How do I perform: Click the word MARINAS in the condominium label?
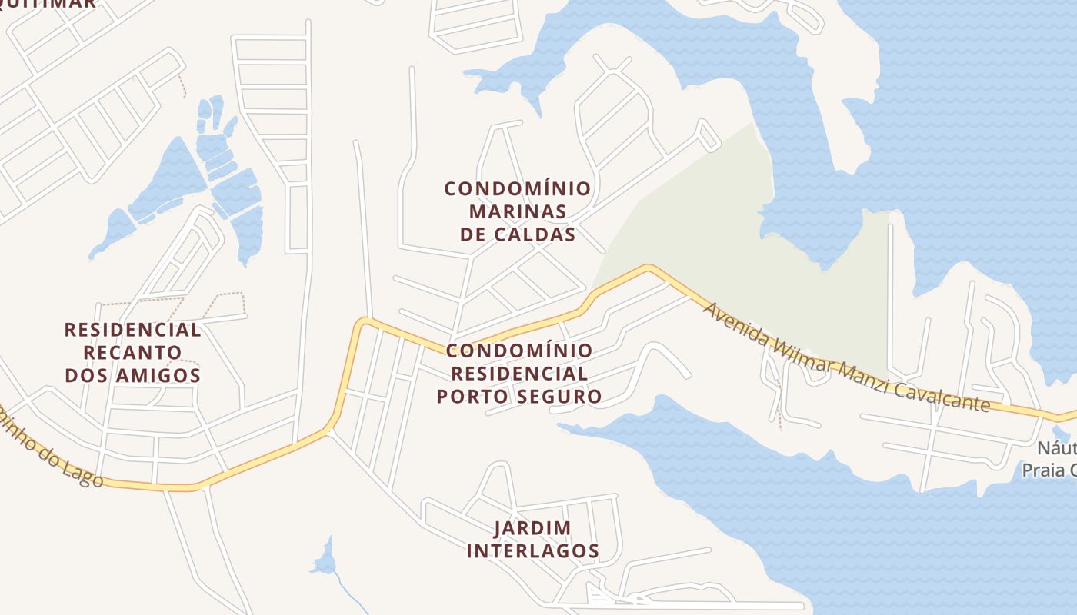518,211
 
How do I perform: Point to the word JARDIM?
532,528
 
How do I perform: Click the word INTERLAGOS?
532,551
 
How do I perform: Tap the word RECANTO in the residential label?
133,353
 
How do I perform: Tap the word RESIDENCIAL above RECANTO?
133,330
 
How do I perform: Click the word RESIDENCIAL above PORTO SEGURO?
518,374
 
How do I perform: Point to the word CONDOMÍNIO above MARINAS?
518,188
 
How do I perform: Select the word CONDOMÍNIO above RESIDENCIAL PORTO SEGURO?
519,351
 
